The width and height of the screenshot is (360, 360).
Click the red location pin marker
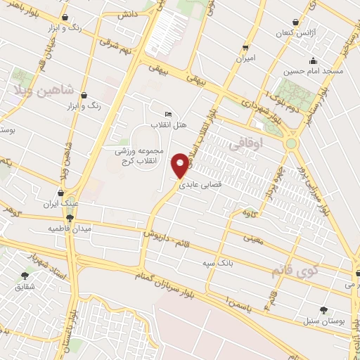click(181, 165)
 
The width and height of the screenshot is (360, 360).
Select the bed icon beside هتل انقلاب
click(167, 115)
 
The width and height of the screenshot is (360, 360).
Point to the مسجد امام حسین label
click(313, 72)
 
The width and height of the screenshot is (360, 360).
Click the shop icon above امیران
click(245, 47)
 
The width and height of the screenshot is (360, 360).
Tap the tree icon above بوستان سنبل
click(323, 309)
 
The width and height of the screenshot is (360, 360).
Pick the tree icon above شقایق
click(25, 276)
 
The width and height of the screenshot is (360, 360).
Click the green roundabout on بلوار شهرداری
click(290, 143)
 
